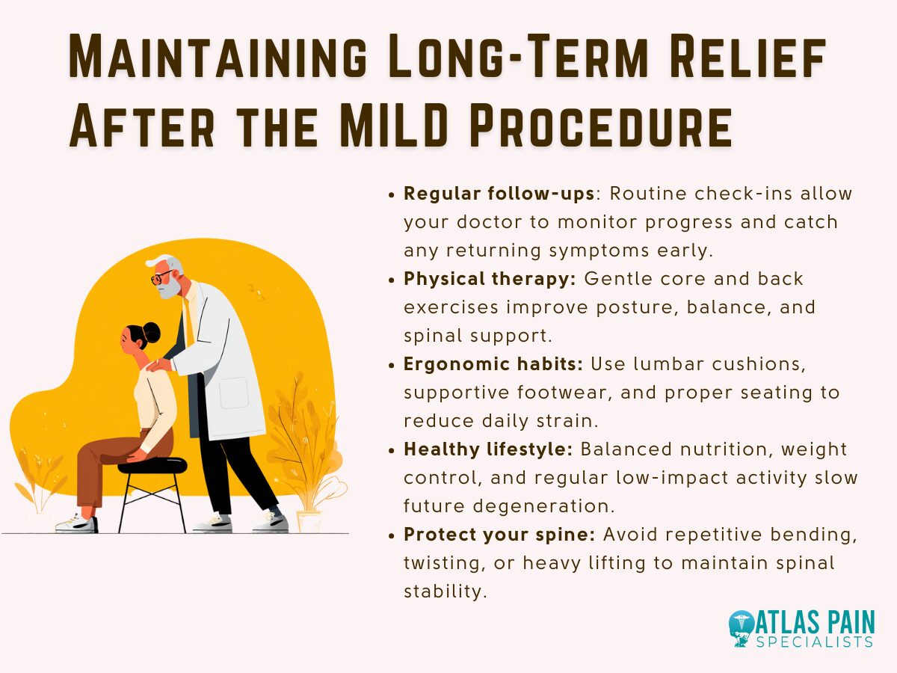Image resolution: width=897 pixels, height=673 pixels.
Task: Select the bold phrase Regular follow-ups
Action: click(x=499, y=194)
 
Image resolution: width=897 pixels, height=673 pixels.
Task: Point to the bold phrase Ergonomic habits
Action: click(x=493, y=364)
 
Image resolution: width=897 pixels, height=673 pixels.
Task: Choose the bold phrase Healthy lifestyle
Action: click(x=489, y=449)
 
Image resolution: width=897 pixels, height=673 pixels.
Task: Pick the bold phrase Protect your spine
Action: click(x=499, y=535)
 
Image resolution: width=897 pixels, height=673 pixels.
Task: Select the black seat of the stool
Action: click(x=152, y=465)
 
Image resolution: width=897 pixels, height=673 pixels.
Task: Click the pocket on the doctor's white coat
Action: click(x=234, y=393)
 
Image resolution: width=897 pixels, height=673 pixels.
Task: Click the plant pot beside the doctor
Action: click(x=308, y=520)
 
